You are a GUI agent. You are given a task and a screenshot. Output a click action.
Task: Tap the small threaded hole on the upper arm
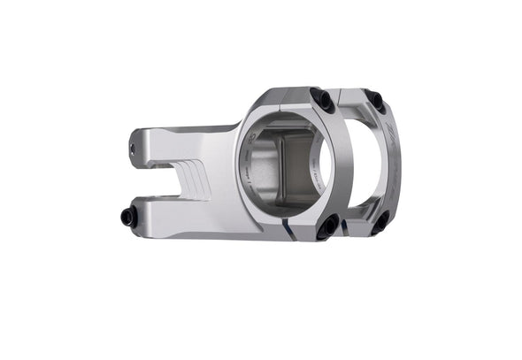tap(134, 149)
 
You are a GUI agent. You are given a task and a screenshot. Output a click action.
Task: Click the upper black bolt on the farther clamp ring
tap(375, 102)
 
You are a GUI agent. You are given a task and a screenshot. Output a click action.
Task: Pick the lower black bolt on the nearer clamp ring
tap(328, 226)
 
